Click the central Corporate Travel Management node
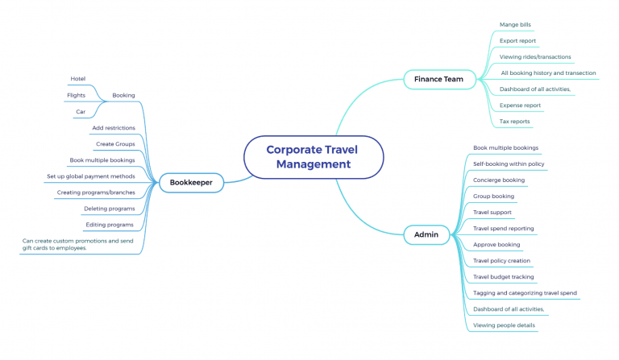[x=313, y=157]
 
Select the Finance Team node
[x=438, y=79]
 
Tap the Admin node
[x=426, y=235]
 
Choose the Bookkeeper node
[x=191, y=183]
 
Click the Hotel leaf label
[x=77, y=79]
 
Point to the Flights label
[x=76, y=95]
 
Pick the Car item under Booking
[x=81, y=112]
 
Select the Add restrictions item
[x=114, y=128]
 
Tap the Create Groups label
[x=115, y=144]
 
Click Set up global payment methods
[x=90, y=176]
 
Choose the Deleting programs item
[x=109, y=209]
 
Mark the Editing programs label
[x=110, y=225]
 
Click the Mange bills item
[x=515, y=25]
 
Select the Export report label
[x=517, y=41]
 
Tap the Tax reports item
[x=514, y=122]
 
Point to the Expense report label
[x=520, y=106]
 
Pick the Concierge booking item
[x=499, y=180]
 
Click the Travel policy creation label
[x=501, y=261]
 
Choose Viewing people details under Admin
[x=504, y=325]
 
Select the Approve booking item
[x=496, y=245]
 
